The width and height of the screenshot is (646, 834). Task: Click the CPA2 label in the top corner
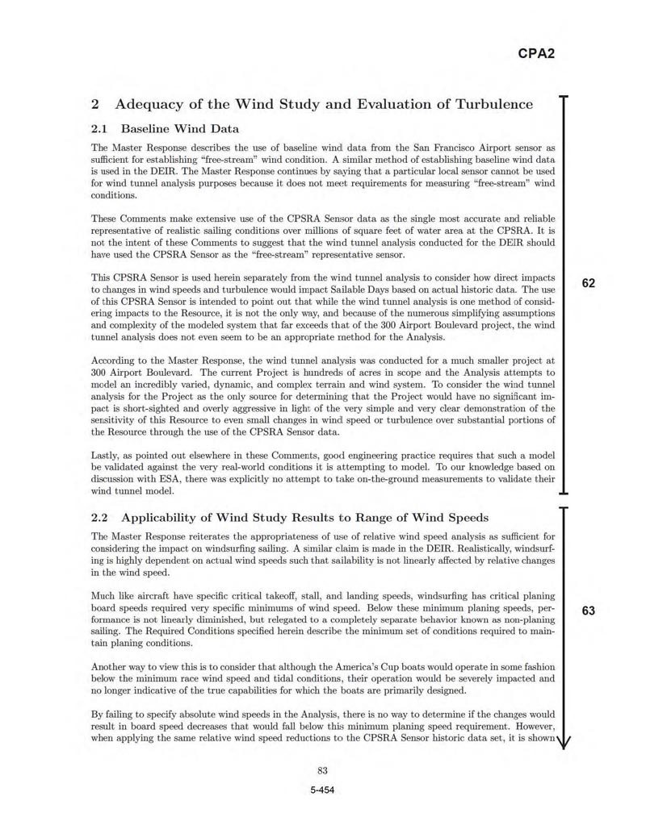coord(535,55)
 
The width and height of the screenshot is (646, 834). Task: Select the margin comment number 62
coord(588,283)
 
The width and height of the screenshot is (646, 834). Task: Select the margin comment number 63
coord(588,611)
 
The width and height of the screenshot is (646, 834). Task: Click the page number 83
coord(322,770)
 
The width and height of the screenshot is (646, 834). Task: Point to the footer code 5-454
coord(322,790)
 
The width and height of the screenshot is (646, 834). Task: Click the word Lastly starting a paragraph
coord(106,456)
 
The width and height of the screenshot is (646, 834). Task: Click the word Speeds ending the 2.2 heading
coord(463,517)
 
